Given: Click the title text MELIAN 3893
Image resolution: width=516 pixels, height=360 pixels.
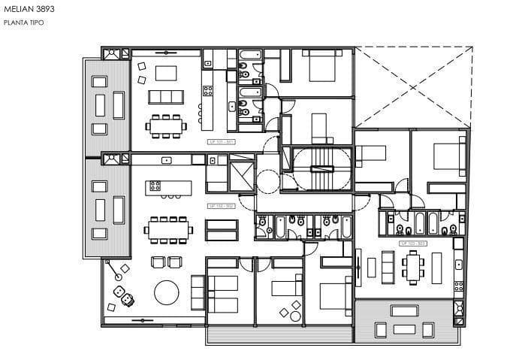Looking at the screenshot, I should coord(28,10).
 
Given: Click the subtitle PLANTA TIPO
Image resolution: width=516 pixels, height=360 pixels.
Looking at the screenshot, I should coord(24,23).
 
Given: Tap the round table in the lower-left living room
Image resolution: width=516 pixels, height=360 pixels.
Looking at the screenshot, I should coord(167,292).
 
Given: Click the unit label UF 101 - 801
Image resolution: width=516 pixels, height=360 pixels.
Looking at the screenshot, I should coord(222,141).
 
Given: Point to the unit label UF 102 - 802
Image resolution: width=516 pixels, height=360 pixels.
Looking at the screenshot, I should coord(222,205).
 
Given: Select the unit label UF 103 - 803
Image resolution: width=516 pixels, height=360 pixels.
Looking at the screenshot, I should coord(414,244).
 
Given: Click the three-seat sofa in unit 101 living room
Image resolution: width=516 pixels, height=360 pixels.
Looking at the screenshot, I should coord(166,97).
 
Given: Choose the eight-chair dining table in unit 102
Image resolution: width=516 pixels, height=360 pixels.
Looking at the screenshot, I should coord(169,229).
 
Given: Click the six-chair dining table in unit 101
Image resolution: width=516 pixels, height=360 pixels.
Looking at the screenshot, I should coord(167,126).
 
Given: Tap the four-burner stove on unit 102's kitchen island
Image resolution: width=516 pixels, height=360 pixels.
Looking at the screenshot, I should coord(156,185).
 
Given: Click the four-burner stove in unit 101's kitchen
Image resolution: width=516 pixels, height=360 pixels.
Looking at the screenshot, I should coord(208,90).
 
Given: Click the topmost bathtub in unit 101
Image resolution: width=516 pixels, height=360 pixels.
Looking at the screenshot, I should coord(249,56).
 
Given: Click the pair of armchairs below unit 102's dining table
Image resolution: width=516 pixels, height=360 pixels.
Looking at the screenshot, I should coord(167,262).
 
